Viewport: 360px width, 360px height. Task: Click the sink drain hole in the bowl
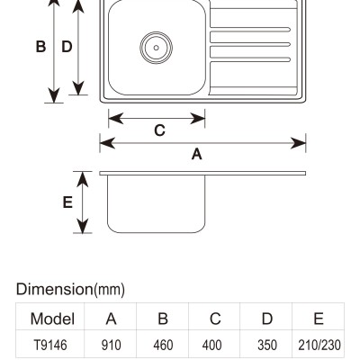tap(157, 48)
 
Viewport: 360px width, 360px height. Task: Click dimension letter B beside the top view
tap(40, 47)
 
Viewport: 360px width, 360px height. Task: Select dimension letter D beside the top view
tap(67, 47)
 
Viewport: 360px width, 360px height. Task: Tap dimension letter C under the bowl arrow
tap(159, 130)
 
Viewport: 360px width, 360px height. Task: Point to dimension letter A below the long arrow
tap(197, 155)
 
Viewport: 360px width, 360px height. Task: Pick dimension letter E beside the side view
tap(67, 202)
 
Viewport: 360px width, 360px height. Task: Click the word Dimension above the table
tap(55, 289)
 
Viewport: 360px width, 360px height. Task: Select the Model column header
tap(52, 319)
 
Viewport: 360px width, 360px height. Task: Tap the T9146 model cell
tap(50, 345)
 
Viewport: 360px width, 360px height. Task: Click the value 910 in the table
tap(111, 345)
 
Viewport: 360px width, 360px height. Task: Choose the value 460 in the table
tap(163, 345)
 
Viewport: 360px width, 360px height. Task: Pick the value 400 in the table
tap(211, 345)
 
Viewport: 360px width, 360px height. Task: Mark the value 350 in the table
tap(267, 345)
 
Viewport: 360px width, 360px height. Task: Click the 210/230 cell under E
tap(319, 345)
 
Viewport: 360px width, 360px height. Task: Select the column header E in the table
tap(319, 319)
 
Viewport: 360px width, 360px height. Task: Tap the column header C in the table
tap(215, 319)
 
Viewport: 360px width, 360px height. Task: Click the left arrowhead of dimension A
tap(107, 143)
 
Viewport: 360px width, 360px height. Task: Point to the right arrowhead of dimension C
tap(198, 119)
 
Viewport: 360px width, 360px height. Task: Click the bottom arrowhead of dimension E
tap(82, 226)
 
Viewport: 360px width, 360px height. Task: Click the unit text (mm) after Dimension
tap(110, 290)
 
